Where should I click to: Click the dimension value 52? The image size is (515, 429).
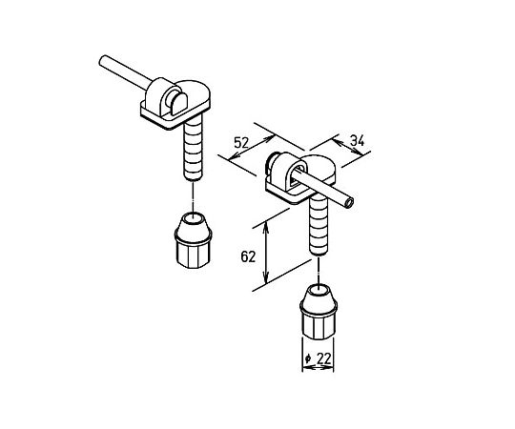[241, 143]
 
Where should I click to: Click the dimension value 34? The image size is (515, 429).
[357, 140]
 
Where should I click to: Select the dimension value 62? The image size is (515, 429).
[248, 256]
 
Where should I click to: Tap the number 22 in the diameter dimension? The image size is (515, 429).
[324, 358]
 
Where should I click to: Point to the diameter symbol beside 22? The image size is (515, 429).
[308, 358]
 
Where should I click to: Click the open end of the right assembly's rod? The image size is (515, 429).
[349, 203]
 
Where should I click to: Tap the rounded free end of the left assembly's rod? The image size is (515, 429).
[102, 60]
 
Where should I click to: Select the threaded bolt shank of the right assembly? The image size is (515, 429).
[319, 225]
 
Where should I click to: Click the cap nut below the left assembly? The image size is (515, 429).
[193, 240]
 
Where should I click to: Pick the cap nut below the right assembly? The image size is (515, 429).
[319, 312]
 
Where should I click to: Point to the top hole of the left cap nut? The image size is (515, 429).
[193, 217]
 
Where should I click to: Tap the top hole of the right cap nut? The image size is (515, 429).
[319, 289]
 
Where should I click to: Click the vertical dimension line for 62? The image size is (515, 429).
[266, 252]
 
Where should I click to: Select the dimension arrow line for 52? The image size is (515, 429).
[251, 148]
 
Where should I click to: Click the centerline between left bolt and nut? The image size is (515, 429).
[193, 196]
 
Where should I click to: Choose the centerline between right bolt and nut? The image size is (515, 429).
[319, 270]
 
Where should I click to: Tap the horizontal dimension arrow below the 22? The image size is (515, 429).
[318, 368]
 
